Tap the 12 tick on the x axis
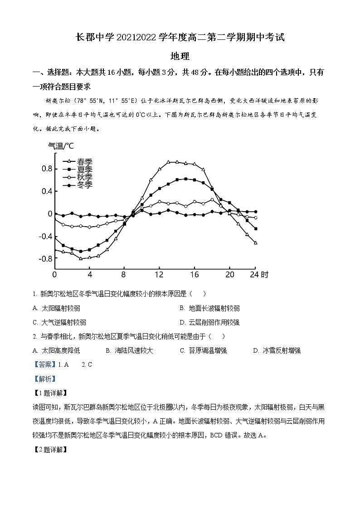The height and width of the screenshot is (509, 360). (159, 275)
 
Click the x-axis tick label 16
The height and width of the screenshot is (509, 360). (194, 275)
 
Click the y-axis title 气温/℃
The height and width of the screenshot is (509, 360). (61, 146)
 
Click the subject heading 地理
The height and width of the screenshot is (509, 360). (180, 56)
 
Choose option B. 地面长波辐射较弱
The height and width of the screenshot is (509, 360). (209, 308)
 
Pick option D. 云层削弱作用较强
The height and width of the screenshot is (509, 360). (209, 322)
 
